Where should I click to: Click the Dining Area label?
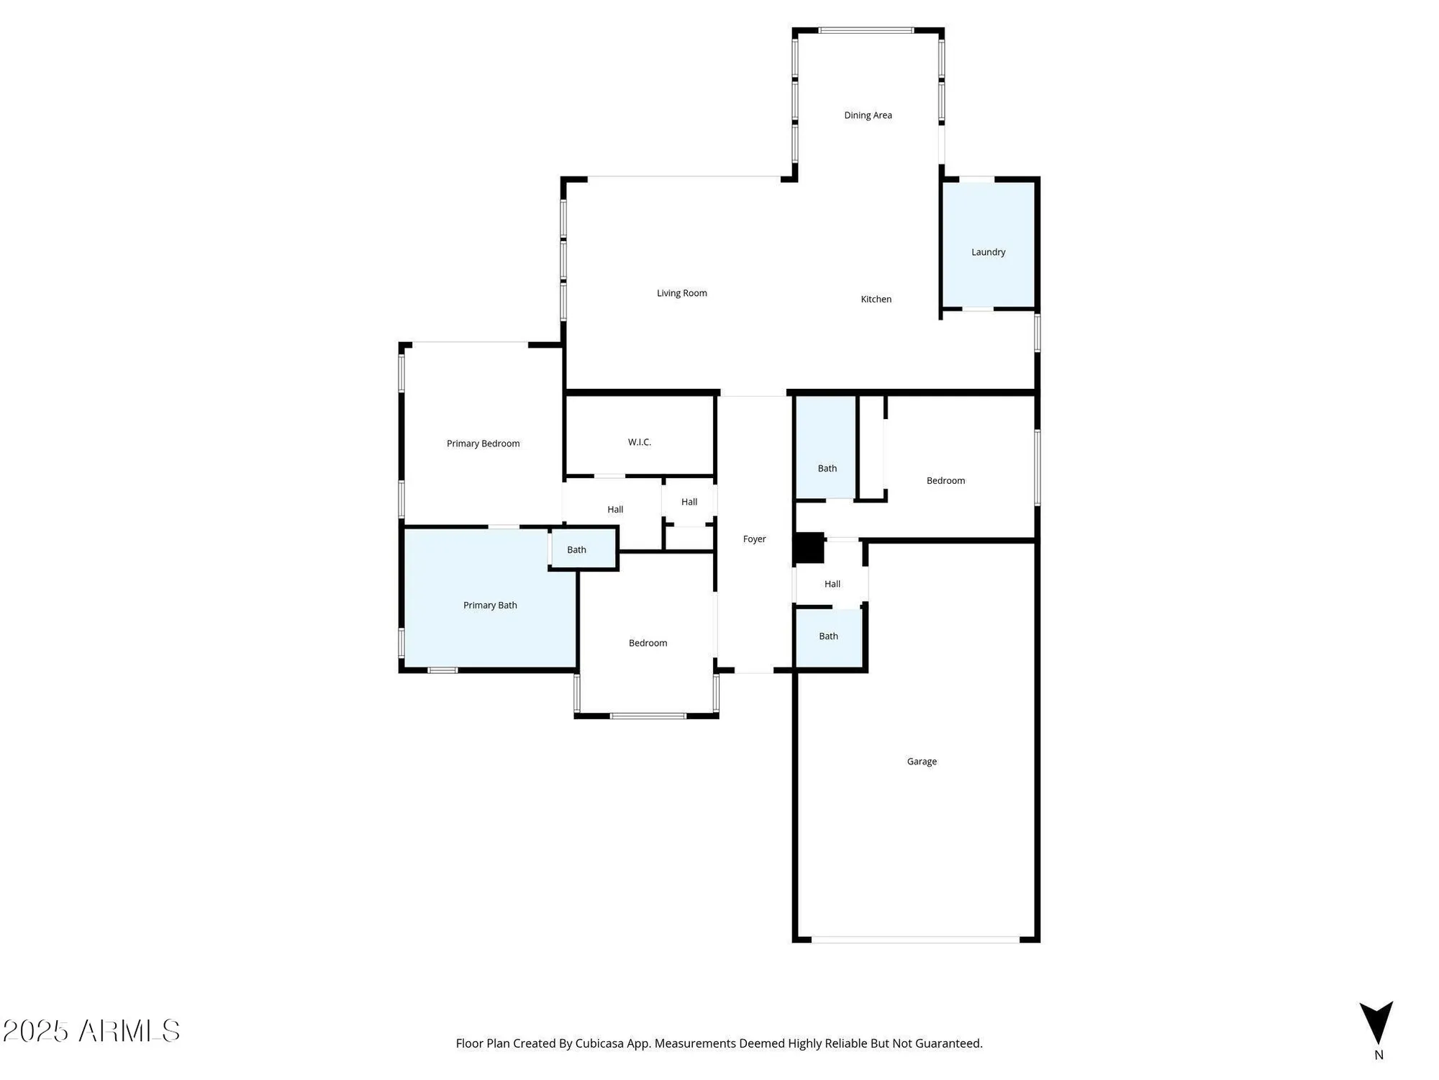868,115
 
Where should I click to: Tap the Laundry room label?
988,252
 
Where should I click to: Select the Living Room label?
681,293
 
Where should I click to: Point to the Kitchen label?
876,299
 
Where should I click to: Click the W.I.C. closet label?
639,442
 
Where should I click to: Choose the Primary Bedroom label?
483,444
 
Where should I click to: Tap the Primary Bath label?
490,606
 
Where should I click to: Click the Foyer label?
754,539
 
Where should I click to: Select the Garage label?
921,761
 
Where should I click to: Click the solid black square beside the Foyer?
809,548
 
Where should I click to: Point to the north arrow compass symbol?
1376,1022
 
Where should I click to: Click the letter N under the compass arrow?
1379,1055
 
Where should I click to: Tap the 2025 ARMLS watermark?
91,1031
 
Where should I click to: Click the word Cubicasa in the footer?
599,1043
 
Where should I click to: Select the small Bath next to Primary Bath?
576,549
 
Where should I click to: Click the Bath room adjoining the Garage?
828,636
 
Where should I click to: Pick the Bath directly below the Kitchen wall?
827,468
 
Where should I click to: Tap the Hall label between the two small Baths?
832,584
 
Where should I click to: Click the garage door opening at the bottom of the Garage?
915,939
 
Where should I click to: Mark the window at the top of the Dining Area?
866,30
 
